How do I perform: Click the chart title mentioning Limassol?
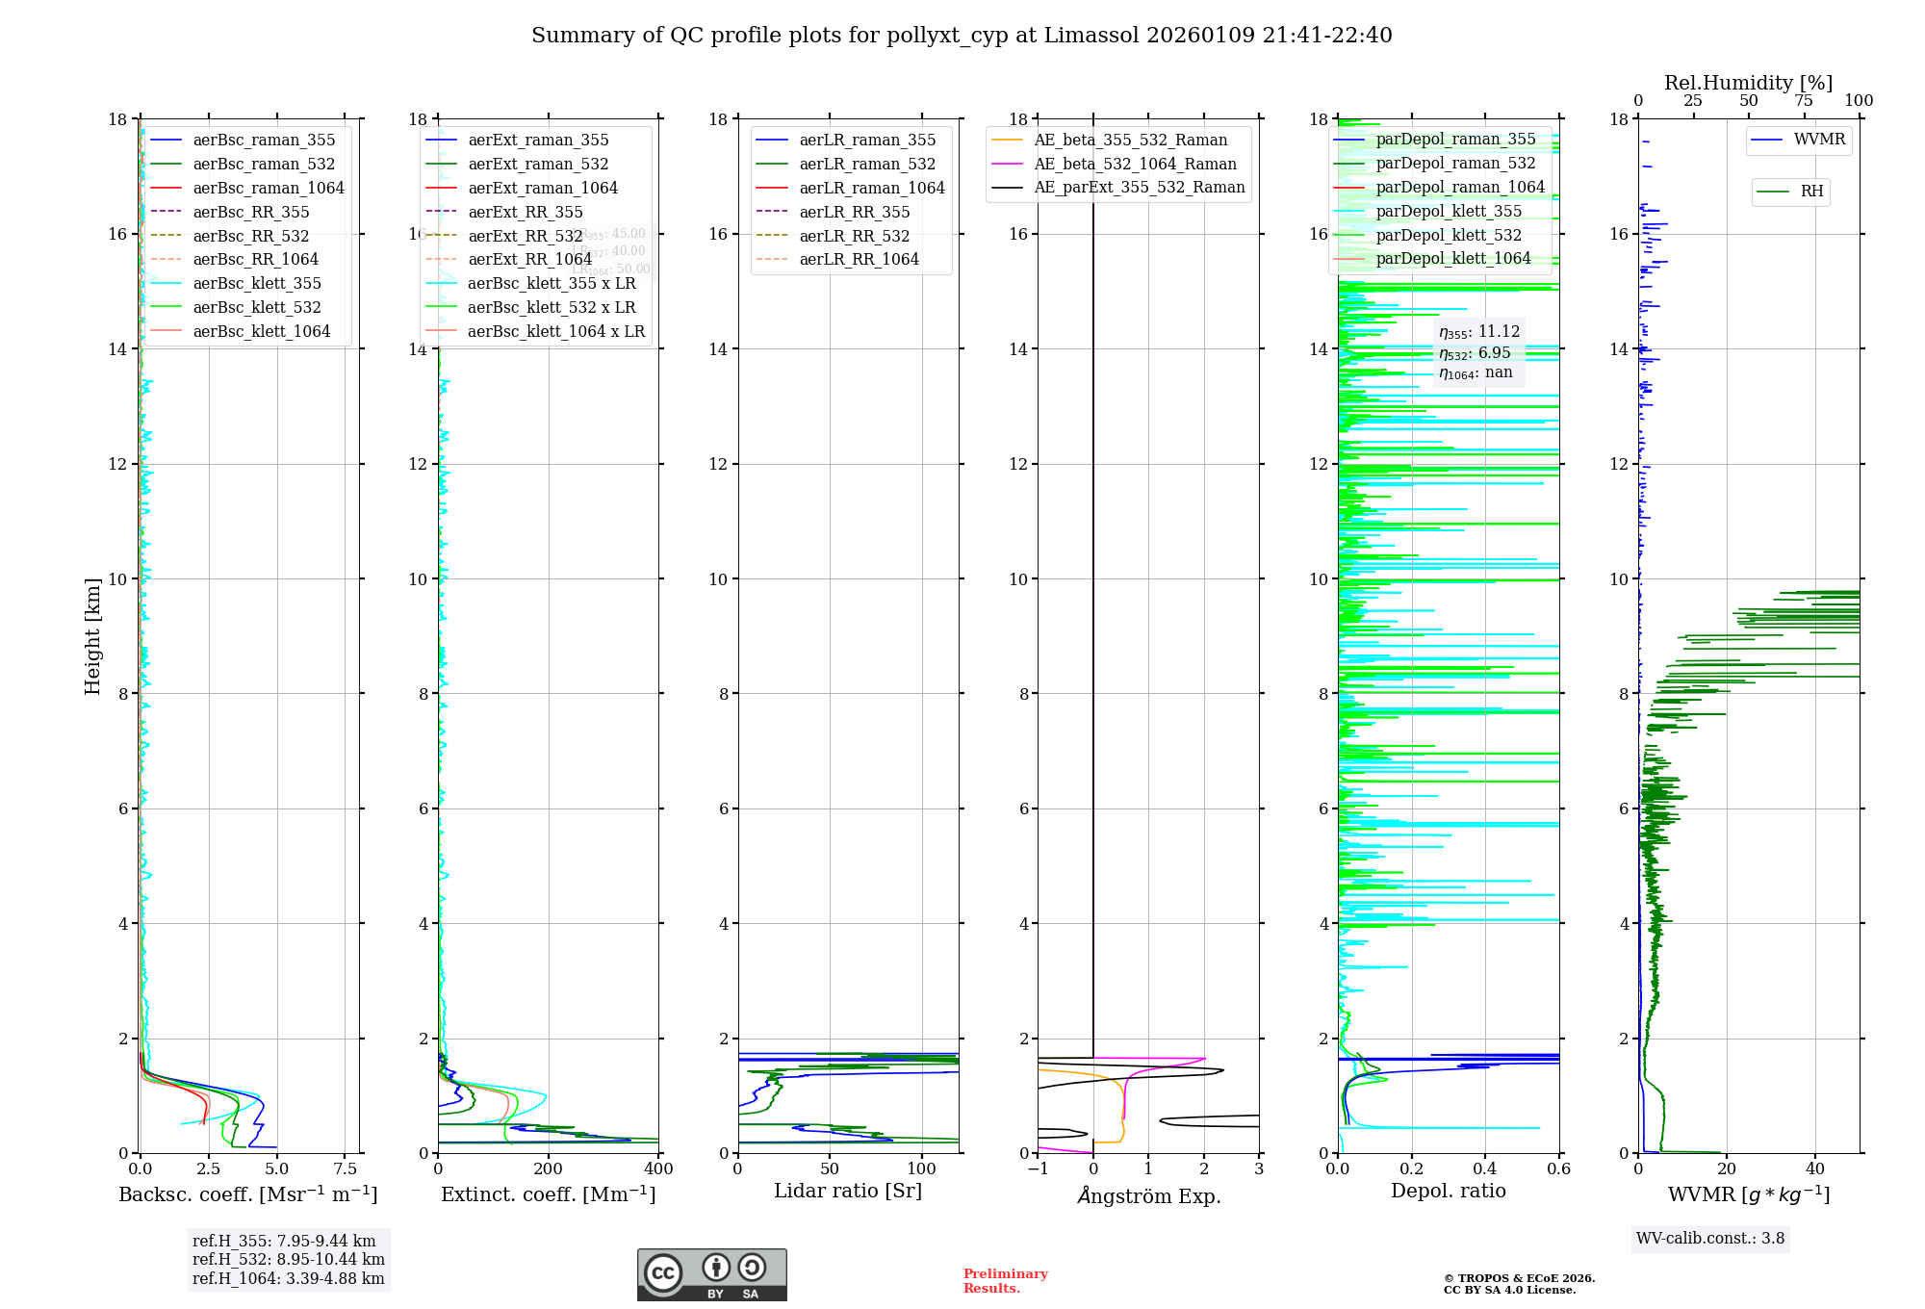962,36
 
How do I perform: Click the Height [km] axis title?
92,635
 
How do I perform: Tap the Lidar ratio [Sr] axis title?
848,1191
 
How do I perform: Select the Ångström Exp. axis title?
1148,1195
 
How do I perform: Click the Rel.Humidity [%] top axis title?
1748,83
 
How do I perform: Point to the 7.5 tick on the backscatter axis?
346,1168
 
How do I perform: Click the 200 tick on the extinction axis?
549,1168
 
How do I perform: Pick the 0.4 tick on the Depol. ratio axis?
1485,1168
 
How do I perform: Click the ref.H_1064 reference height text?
288,1278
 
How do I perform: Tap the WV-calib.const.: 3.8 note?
1710,1238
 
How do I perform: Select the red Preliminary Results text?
1005,1280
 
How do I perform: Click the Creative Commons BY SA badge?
711,1274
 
